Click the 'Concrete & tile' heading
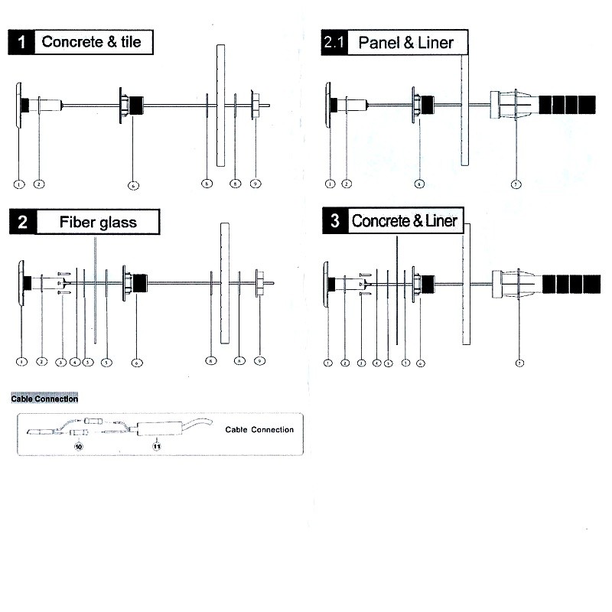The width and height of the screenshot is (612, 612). (92, 42)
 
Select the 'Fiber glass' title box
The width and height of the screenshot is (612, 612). (98, 223)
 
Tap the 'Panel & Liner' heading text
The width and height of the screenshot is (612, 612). (405, 43)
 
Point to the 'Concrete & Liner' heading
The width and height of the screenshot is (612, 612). (405, 222)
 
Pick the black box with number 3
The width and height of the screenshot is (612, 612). (335, 222)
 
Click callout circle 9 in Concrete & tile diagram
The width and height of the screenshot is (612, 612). (256, 184)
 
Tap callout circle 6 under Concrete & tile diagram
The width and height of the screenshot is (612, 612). (133, 185)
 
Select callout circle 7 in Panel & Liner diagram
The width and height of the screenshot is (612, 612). (516, 184)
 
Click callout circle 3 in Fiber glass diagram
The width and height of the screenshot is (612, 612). (60, 362)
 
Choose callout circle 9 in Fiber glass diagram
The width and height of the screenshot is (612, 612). (259, 361)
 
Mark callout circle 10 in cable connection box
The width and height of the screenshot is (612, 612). (77, 444)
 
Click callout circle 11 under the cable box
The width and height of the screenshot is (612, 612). (158, 446)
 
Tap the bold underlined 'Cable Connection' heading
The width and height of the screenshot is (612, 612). (44, 399)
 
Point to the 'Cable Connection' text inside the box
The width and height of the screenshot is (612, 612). (259, 430)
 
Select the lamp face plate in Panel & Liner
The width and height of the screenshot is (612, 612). (329, 106)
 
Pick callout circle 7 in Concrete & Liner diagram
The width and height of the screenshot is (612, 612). (520, 363)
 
